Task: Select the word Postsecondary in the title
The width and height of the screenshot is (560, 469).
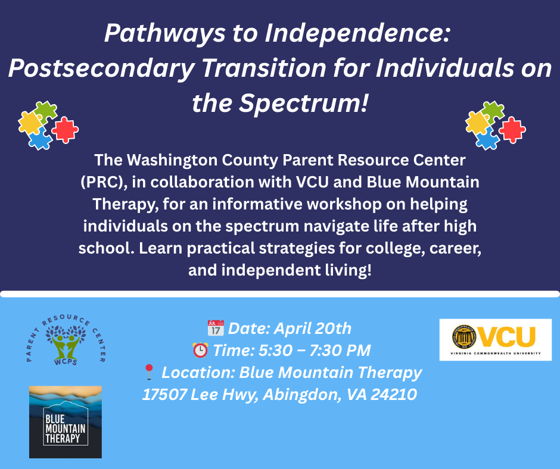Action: click(x=100, y=69)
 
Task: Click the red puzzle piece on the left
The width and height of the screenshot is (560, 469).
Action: click(x=65, y=129)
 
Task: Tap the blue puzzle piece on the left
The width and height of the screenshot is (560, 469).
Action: click(x=40, y=140)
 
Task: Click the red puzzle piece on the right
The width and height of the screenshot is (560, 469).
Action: click(x=512, y=129)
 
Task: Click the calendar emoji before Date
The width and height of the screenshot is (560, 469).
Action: click(x=215, y=328)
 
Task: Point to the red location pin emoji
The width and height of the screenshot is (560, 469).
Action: click(x=150, y=373)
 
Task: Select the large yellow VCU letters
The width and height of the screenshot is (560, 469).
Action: click(x=508, y=336)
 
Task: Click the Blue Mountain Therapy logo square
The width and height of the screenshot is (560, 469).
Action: click(x=66, y=422)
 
